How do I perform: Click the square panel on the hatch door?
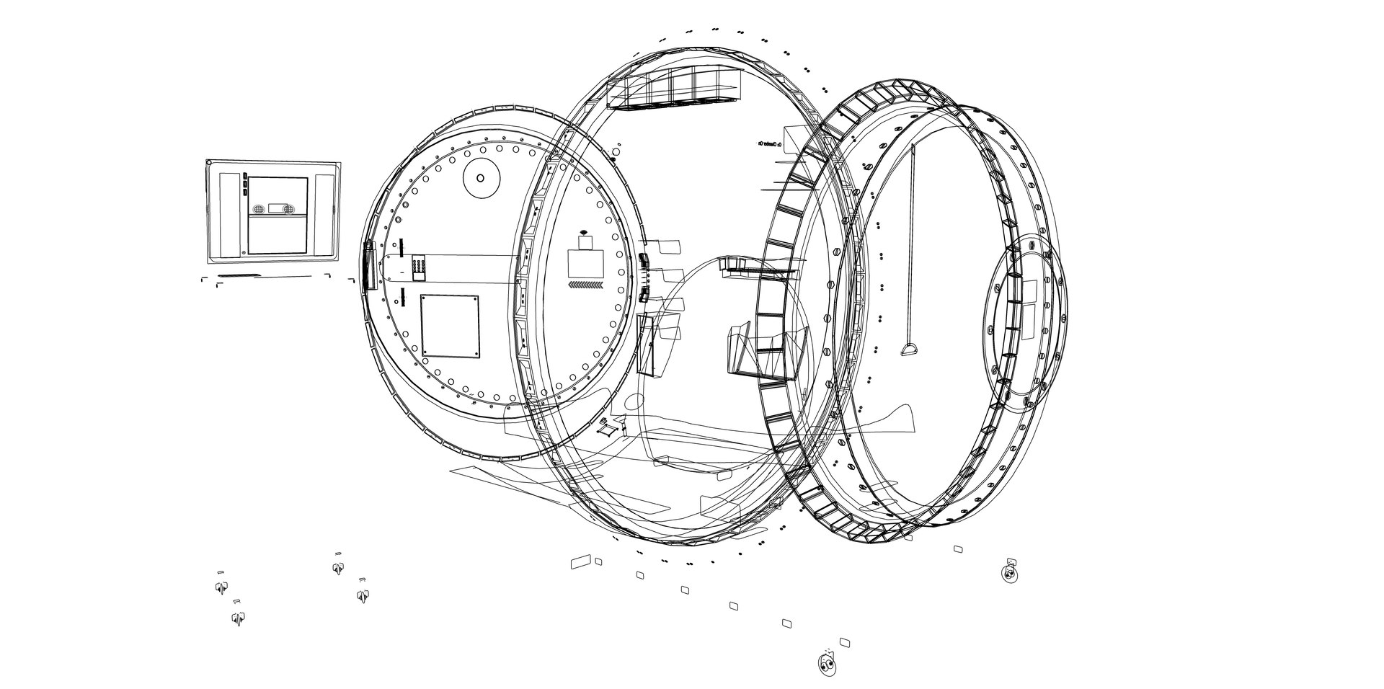tap(450, 325)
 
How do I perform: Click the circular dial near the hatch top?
tap(481, 177)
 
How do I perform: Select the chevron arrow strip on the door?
tap(585, 286)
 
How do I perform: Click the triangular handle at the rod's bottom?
tap(910, 350)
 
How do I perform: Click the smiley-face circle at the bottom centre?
tap(827, 663)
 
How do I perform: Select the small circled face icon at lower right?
tap(1008, 573)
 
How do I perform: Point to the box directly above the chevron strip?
tap(585, 263)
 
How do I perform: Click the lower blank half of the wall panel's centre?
tap(277, 235)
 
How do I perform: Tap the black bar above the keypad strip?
tap(402, 245)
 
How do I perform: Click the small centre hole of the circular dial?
tap(481, 177)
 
